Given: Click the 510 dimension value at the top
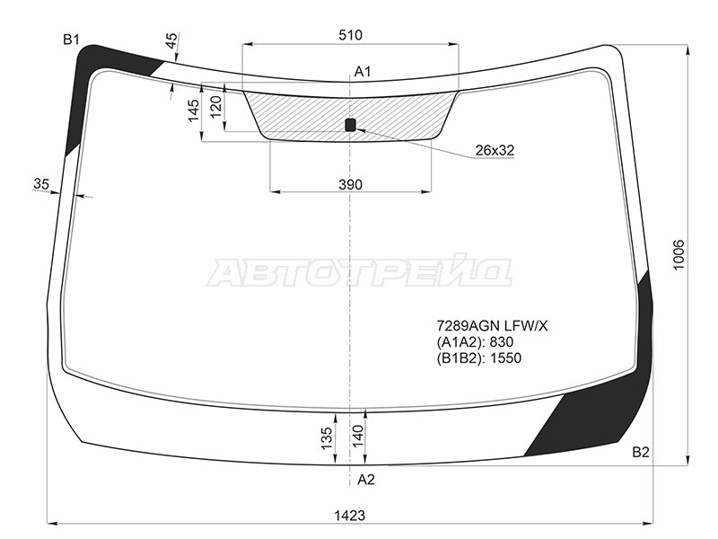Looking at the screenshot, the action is (350, 35).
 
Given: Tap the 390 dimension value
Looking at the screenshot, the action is (350, 185).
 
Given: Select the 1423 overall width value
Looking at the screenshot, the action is (350, 516).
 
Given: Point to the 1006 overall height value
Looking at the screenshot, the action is (679, 255).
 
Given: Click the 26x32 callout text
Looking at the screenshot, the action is (495, 150).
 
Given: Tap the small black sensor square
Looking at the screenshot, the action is (350, 124).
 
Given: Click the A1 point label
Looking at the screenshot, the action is (363, 72).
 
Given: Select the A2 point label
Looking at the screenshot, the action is (366, 480).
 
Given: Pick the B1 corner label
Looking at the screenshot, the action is (71, 40).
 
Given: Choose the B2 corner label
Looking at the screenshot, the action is (641, 453).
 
